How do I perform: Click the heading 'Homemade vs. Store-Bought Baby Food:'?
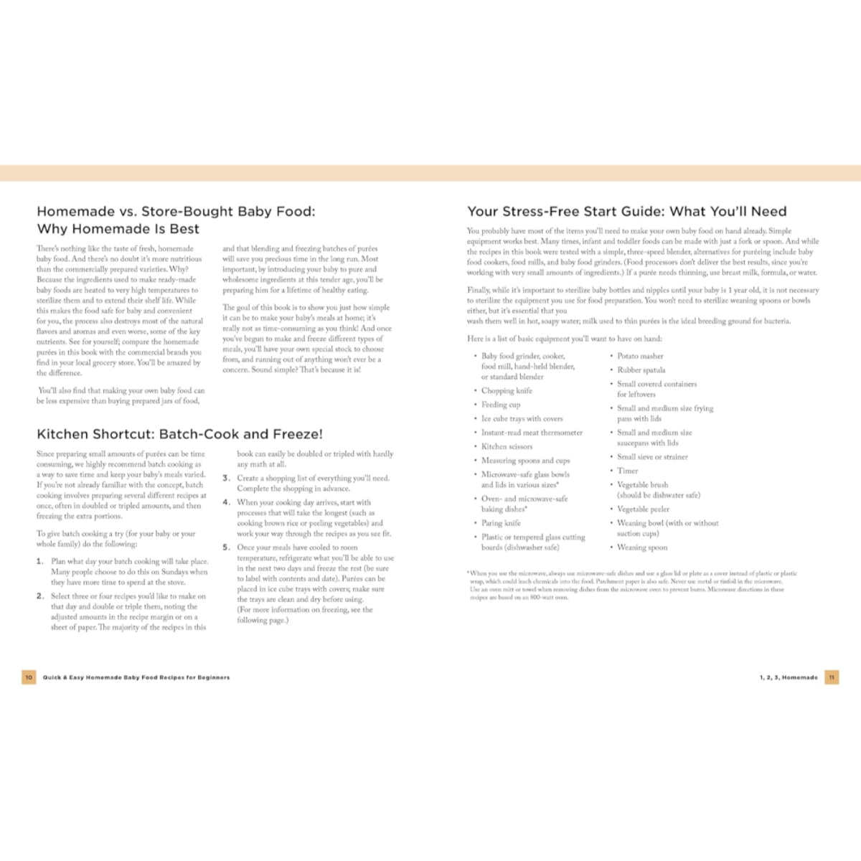point(176,212)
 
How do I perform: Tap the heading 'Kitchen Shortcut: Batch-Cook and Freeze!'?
point(179,434)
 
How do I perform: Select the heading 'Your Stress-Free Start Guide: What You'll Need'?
point(626,212)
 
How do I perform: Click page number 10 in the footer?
point(29,677)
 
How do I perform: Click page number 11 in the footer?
point(832,677)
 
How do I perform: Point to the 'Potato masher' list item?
point(640,356)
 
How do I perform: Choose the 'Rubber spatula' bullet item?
point(641,370)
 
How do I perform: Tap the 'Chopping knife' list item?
point(507,391)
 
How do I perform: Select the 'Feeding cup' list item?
point(501,405)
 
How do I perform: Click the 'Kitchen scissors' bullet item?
point(507,446)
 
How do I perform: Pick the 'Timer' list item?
point(627,471)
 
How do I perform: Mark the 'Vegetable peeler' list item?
point(643,509)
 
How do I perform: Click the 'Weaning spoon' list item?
point(642,547)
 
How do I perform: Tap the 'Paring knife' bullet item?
point(501,523)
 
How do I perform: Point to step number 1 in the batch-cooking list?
point(40,562)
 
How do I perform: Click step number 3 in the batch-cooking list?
point(226,478)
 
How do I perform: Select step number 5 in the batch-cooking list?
point(226,547)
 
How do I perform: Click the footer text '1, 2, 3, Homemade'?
point(789,677)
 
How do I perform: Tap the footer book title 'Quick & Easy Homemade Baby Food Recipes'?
point(136,677)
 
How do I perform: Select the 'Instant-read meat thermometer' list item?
point(532,433)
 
